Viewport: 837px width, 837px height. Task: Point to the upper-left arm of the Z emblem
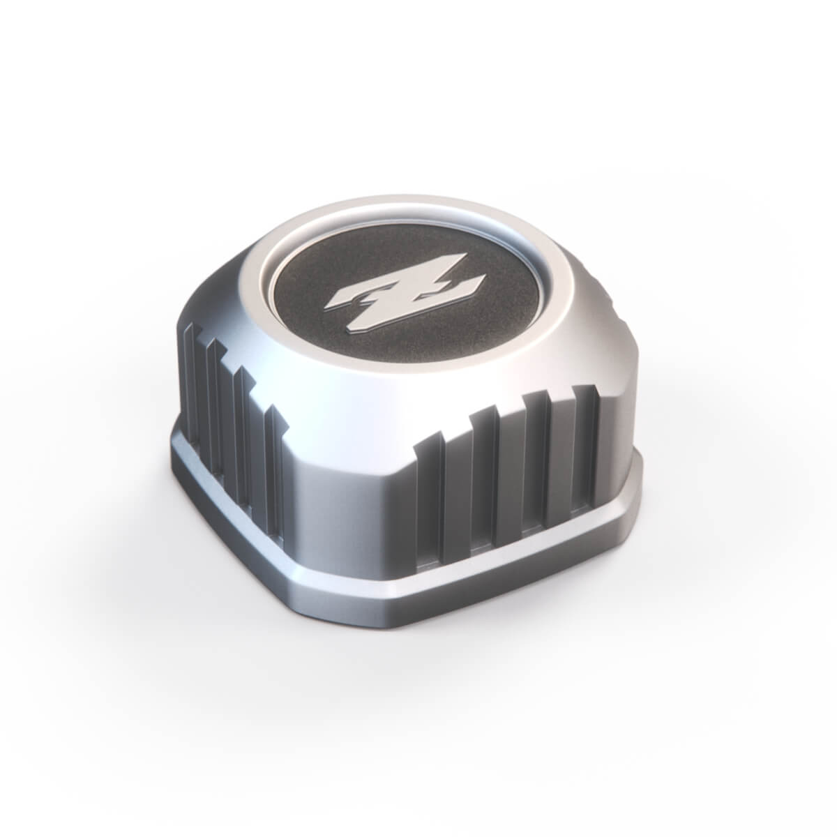point(347,299)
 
